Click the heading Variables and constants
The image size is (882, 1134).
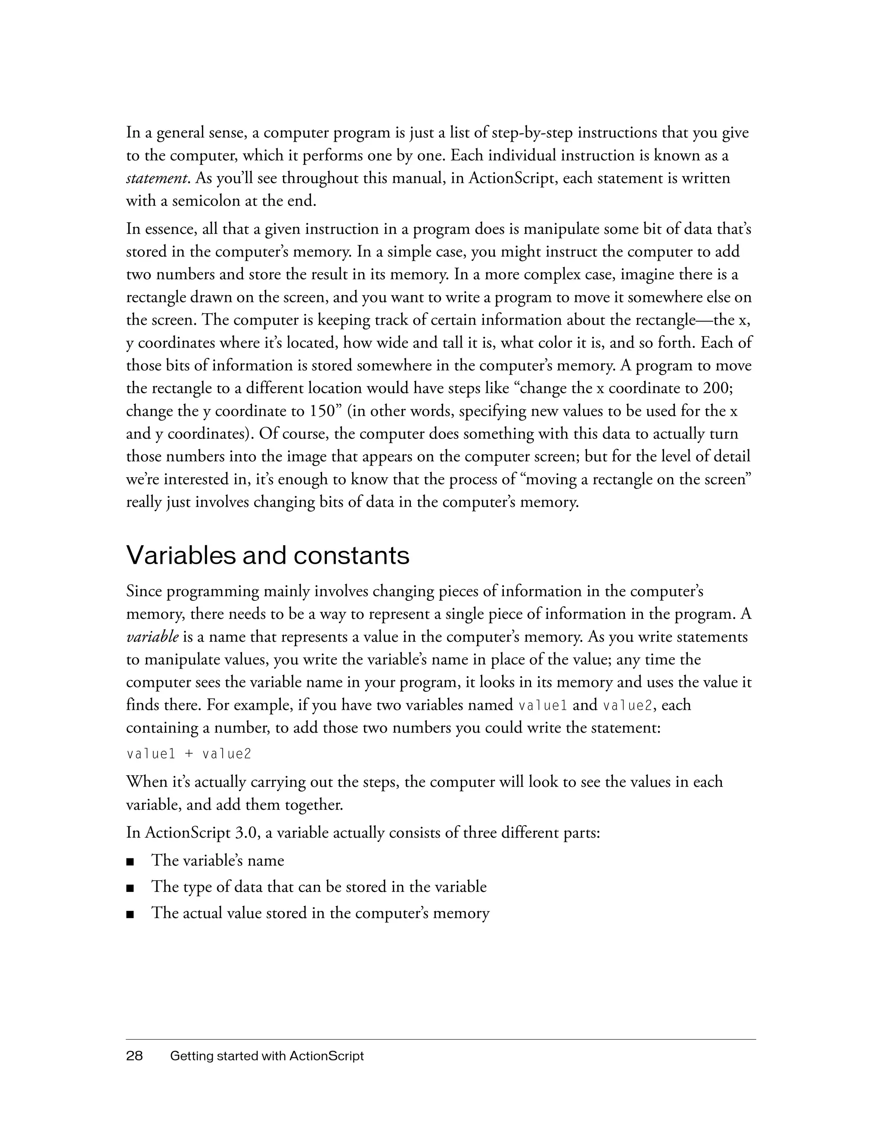(x=268, y=556)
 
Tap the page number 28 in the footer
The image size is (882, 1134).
(x=134, y=1056)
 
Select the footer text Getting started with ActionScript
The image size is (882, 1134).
(x=267, y=1056)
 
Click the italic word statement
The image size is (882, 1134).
(x=156, y=179)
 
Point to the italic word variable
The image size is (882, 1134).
(x=152, y=637)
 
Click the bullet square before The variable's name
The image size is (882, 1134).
(x=130, y=862)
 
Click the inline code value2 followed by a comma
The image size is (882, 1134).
(x=627, y=705)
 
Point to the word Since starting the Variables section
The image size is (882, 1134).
(x=144, y=591)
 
